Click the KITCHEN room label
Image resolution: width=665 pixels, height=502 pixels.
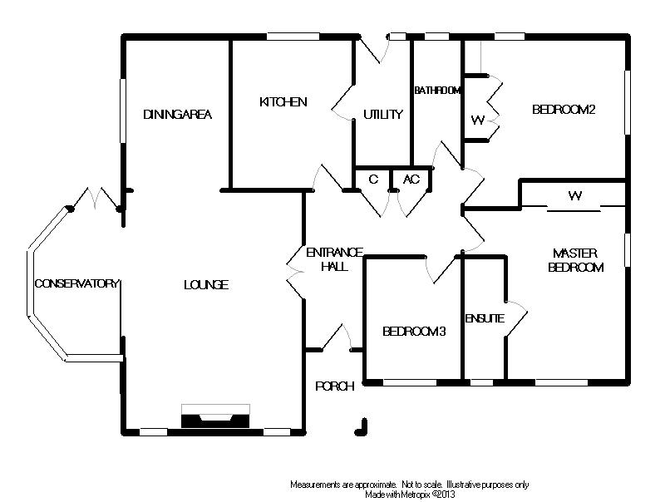tap(283, 102)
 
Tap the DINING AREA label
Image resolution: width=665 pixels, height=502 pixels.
tap(177, 115)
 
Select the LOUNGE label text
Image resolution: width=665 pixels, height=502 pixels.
tap(205, 285)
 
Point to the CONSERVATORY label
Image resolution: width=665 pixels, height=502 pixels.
tap(77, 284)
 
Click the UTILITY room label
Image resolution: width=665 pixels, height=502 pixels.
tap(383, 115)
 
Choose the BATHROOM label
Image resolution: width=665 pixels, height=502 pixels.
tap(437, 90)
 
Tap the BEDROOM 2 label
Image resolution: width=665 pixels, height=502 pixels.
tap(564, 109)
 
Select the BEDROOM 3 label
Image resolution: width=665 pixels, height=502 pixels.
tap(414, 332)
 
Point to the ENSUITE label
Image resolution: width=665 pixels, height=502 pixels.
tap(485, 317)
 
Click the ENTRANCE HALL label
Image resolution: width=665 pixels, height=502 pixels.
tap(335, 259)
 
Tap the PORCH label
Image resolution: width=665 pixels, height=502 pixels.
tap(335, 386)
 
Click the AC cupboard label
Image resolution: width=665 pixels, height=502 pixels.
tap(411, 179)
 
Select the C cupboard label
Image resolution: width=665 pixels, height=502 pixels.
tap(373, 179)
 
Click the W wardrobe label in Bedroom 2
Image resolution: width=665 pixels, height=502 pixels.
tap(476, 120)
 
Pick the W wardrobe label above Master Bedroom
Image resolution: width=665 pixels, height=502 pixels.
tap(574, 197)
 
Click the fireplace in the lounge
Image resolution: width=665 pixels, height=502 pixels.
tap(214, 417)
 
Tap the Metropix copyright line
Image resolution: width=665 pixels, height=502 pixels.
tap(408, 494)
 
